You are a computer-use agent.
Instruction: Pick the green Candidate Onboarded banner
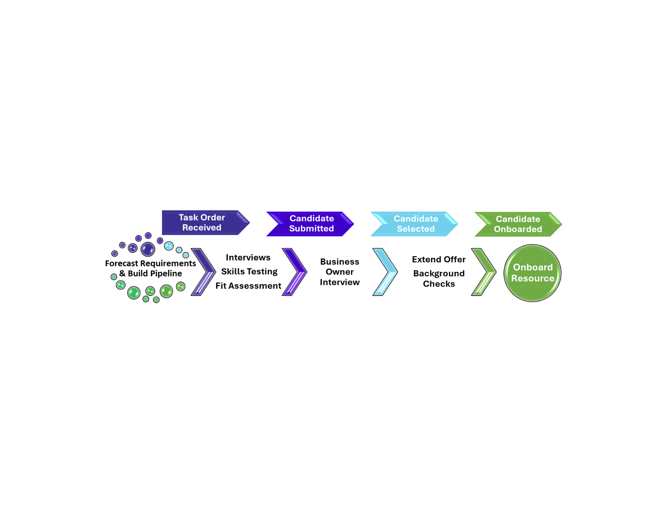click(518, 224)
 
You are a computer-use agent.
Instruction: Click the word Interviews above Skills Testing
click(248, 257)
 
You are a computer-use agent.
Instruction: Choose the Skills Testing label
click(249, 271)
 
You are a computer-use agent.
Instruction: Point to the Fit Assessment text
click(248, 286)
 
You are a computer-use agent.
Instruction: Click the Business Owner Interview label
click(339, 272)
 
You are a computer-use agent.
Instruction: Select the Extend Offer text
click(439, 259)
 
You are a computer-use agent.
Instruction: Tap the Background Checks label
click(439, 279)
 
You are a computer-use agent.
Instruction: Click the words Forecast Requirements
click(150, 263)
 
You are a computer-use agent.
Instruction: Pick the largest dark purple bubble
click(148, 249)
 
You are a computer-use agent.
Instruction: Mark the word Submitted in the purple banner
click(311, 228)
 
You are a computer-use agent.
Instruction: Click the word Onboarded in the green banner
click(518, 229)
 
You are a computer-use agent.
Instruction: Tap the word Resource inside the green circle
click(532, 278)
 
